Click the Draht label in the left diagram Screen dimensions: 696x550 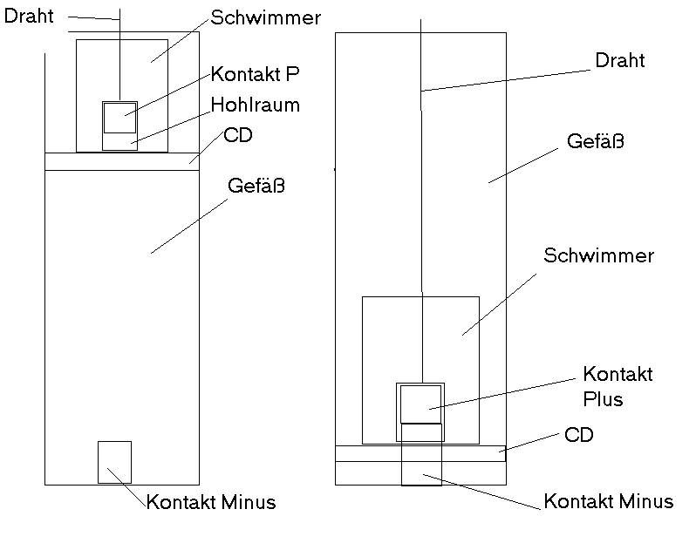click(29, 16)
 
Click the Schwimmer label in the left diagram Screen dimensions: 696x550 click(265, 17)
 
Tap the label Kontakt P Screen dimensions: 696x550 click(255, 74)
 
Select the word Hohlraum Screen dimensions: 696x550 click(256, 105)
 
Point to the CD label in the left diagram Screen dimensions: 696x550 click(238, 135)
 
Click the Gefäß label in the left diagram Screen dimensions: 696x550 click(256, 186)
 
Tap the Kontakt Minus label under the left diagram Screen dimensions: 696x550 click(211, 502)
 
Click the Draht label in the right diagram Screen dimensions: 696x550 click(619, 60)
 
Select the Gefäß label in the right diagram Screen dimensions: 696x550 click(595, 141)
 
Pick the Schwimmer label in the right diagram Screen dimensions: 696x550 click(599, 255)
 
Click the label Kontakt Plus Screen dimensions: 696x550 click(618, 386)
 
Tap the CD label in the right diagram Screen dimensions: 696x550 click(579, 435)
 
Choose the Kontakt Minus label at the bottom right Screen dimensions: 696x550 click(609, 501)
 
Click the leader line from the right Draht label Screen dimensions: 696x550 click(506, 81)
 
